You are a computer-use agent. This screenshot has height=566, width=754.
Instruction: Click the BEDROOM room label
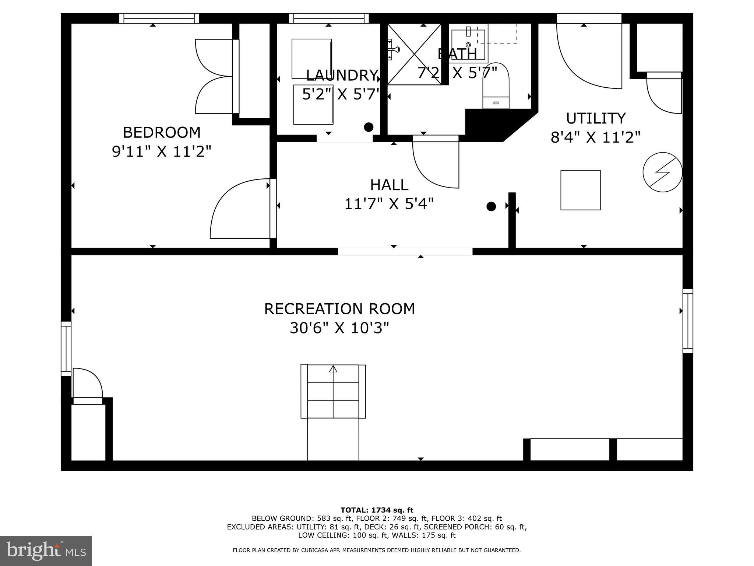[162, 132]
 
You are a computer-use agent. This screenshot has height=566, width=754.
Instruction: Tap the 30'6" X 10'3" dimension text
[339, 328]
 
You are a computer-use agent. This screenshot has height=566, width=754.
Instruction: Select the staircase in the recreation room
[333, 392]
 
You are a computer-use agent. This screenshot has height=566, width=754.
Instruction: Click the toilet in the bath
[496, 87]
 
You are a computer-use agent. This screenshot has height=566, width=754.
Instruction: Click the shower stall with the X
[414, 54]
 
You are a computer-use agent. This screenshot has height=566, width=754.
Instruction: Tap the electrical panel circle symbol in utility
[662, 172]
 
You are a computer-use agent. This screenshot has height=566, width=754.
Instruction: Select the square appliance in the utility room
[580, 190]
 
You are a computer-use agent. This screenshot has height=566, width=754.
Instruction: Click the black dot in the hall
[491, 206]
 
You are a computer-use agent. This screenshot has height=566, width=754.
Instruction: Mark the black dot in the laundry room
[369, 127]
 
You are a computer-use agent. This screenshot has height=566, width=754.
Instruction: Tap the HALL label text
[389, 185]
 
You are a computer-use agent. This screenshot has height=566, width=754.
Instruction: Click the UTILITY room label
[596, 118]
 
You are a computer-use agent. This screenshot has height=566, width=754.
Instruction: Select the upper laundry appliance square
[311, 59]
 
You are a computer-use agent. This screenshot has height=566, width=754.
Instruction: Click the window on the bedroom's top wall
[159, 18]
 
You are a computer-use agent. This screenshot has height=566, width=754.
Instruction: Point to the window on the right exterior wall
[688, 321]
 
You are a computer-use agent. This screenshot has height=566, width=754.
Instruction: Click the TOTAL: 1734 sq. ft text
[377, 510]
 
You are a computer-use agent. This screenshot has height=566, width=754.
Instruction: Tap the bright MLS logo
[46, 551]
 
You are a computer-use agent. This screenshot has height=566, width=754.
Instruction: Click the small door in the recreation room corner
[87, 385]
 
